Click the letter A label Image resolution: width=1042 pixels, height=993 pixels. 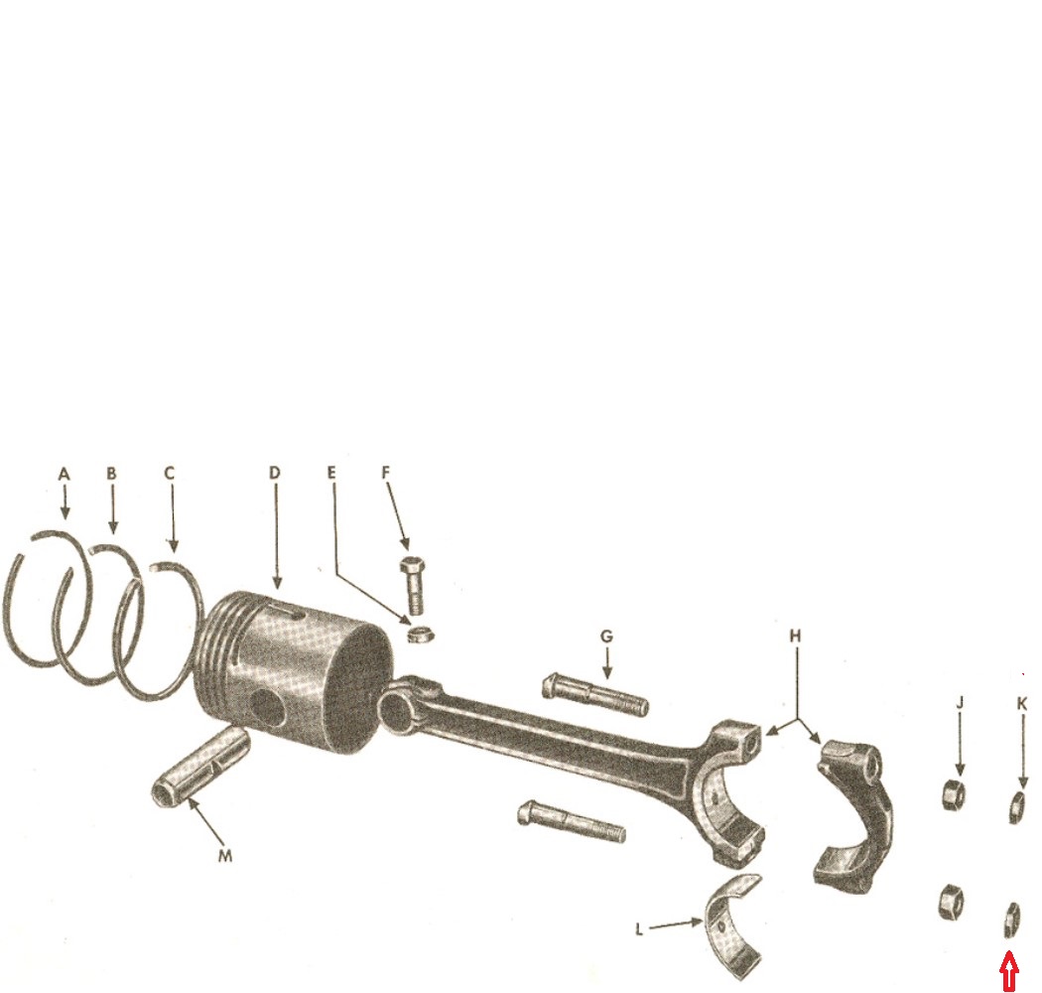tap(64, 475)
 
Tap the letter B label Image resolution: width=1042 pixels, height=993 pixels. tap(111, 474)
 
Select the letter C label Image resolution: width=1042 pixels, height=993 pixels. tap(170, 474)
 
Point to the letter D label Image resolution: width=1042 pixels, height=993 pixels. tap(275, 473)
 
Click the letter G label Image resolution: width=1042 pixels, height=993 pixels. tap(606, 637)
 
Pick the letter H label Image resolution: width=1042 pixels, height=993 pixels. tap(796, 637)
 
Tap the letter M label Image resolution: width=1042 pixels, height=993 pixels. tap(225, 856)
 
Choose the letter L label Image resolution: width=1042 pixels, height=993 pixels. tap(639, 929)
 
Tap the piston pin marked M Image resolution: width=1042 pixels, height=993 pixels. tap(199, 767)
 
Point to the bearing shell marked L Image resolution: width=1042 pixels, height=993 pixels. tap(734, 925)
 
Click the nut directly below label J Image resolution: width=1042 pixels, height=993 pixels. tap(955, 794)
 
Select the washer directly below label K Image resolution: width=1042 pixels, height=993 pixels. tap(1017, 807)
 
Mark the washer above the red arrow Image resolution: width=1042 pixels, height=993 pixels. tap(1011, 920)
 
